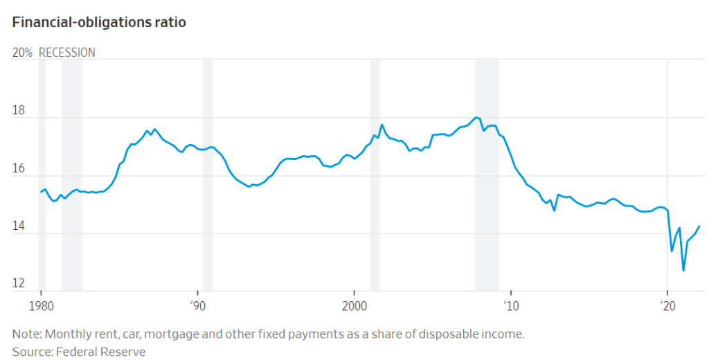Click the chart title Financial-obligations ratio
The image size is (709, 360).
pos(99,22)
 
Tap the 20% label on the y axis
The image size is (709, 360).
pos(22,53)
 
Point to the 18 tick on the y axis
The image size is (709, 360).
pos(19,110)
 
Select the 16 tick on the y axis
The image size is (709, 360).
pos(19,168)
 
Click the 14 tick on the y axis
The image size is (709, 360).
pos(19,226)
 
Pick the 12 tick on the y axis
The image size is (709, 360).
pos(19,283)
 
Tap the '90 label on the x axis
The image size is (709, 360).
pos(197,305)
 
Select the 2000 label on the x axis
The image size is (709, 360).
pos(354,305)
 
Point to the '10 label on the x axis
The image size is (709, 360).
pos(511,305)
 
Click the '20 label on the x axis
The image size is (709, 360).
pos(667,305)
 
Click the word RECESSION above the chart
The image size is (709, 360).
pos(67,53)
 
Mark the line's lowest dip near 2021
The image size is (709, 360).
pos(683,271)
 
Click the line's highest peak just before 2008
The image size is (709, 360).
pos(476,117)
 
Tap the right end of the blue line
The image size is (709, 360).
pos(699,226)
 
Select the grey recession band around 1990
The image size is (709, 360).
pos(207,173)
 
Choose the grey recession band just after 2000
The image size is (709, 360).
pos(375,173)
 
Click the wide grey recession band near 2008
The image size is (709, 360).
pos(487,173)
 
